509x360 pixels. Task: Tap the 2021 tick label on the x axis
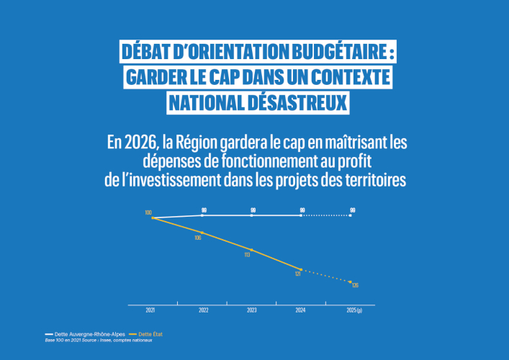pos(150,310)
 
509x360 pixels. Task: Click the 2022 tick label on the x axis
pos(204,310)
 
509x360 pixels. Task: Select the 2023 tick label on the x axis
pos(252,310)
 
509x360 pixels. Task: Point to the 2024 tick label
pos(301,310)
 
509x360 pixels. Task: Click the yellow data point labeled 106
pos(203,233)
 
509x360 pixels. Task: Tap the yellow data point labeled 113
pos(252,250)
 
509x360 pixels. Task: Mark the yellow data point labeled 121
pos(302,269)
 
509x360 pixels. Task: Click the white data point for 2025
pos(351,215)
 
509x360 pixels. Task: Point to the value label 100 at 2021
pos(148,212)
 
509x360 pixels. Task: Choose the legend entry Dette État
pos(150,335)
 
